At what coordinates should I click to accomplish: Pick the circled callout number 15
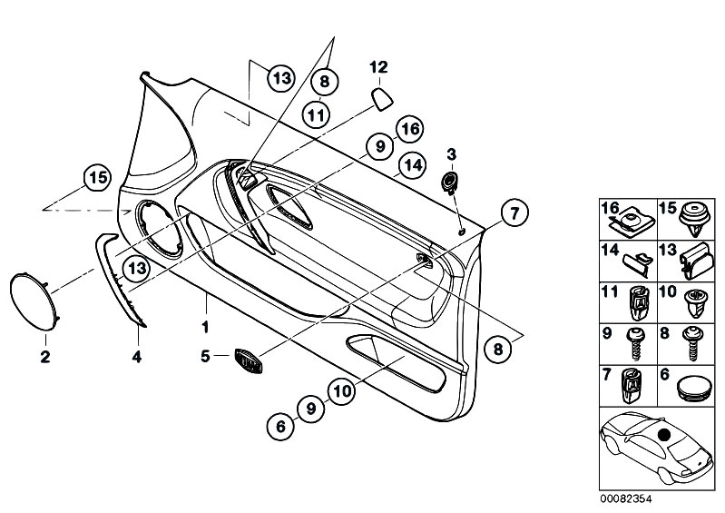coord(96,176)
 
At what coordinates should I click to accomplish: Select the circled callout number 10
coord(341,391)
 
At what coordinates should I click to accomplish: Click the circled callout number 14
coord(413,165)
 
